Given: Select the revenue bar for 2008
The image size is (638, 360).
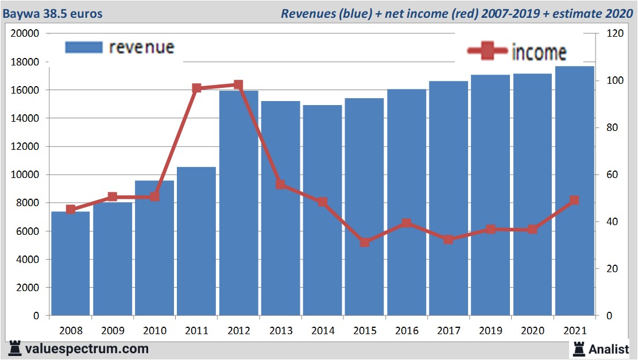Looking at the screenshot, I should click(71, 264).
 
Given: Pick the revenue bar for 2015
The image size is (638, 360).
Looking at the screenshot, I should click(365, 207).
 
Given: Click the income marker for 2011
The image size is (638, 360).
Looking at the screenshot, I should click(197, 88).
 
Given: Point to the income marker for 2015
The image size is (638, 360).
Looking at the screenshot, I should click(365, 242).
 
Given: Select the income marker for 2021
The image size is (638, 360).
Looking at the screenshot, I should click(574, 200).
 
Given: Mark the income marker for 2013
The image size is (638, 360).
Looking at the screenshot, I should click(281, 184).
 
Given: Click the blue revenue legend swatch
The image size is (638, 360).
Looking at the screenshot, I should click(84, 47).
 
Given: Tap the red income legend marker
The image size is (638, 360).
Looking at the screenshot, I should click(488, 52).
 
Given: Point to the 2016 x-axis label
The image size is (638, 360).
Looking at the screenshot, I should click(407, 331).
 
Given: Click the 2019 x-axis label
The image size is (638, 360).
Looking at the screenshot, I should click(490, 331).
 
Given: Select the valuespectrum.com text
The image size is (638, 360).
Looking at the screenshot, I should click(87, 349).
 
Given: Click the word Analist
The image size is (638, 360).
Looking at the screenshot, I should click(609, 349).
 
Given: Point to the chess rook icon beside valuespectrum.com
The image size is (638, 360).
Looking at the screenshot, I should click(16, 349).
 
